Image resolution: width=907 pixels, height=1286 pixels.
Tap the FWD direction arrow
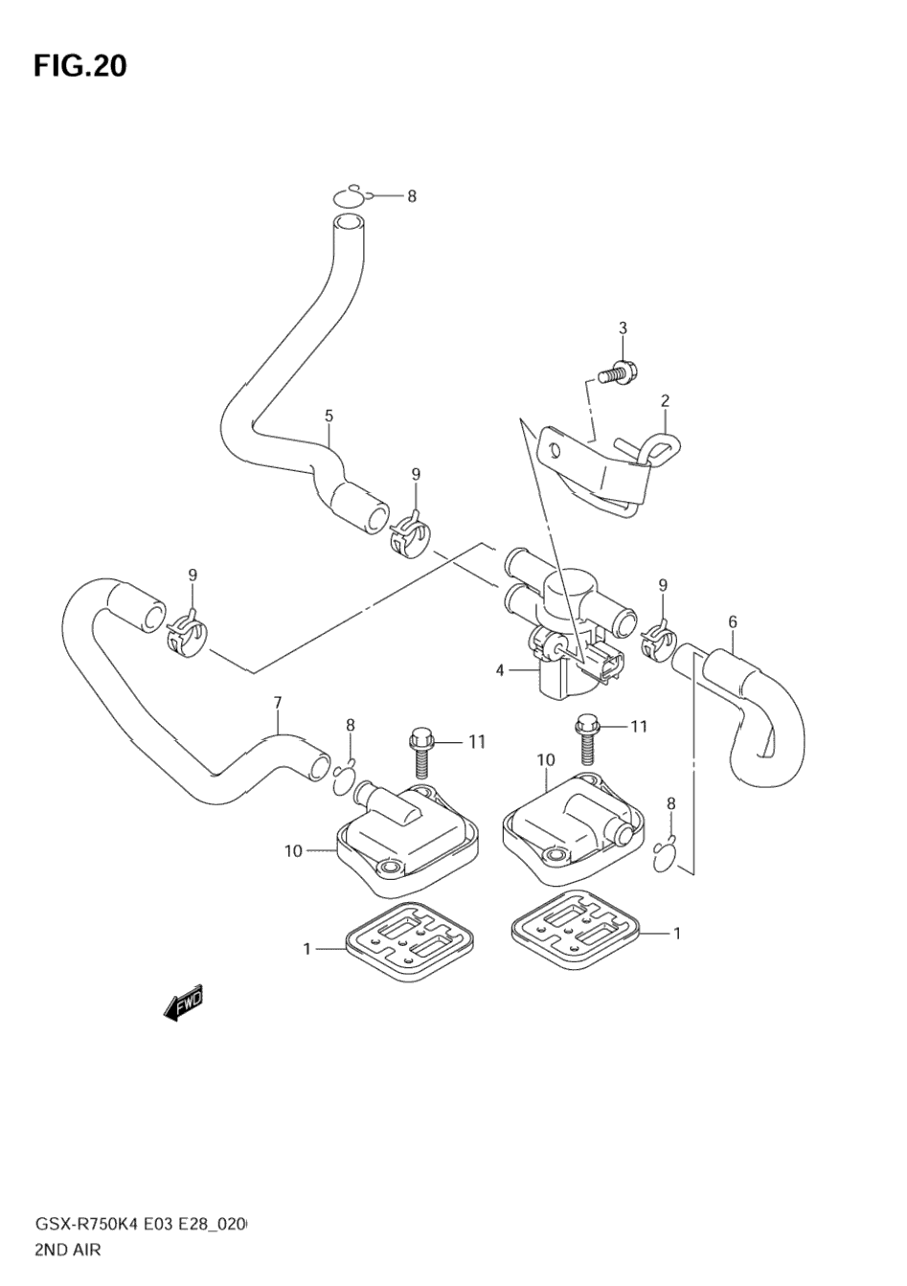[183, 1003]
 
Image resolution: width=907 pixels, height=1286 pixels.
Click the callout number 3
[623, 328]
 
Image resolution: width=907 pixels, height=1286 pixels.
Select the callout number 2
[664, 400]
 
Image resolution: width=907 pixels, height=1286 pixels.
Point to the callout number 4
[500, 670]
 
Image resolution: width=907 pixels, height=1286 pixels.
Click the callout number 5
[329, 416]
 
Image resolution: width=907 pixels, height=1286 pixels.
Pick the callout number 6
[733, 621]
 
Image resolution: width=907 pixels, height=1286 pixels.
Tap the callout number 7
[278, 703]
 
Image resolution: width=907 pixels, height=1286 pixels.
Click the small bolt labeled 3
[618, 372]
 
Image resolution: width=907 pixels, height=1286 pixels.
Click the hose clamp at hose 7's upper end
[186, 637]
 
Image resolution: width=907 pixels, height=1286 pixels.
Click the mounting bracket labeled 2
[594, 470]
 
